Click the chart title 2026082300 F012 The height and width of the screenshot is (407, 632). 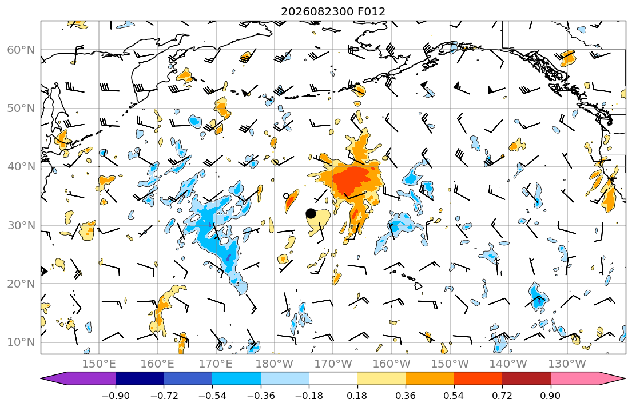[333, 11]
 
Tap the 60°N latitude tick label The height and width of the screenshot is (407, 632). [21, 50]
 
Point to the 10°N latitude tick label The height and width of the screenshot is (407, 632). [21, 342]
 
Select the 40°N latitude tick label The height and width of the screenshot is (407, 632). [21, 167]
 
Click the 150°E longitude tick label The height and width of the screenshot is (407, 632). [99, 364]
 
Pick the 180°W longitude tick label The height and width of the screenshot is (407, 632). [275, 364]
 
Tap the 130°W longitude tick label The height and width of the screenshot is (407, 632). [567, 364]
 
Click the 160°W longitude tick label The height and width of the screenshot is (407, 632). [391, 364]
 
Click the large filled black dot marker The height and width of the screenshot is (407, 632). [311, 214]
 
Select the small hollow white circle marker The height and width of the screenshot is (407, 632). [287, 196]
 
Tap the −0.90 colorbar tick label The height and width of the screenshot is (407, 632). [116, 396]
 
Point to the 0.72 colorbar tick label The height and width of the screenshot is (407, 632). [502, 396]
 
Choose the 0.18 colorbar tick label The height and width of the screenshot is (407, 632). [357, 396]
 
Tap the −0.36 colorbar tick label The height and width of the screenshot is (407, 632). [261, 396]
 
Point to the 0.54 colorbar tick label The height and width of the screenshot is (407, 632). [454, 396]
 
